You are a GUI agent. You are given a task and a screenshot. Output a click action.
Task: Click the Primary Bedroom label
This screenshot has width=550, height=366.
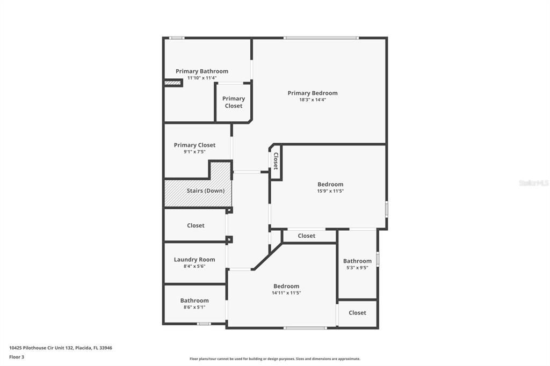tap(313, 93)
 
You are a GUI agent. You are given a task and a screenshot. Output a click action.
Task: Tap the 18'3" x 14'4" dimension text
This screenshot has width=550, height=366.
tap(313, 100)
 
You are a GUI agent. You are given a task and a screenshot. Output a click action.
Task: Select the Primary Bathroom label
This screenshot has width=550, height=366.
tap(202, 71)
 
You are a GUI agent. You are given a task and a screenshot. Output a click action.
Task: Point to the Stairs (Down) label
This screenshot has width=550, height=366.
tap(206, 191)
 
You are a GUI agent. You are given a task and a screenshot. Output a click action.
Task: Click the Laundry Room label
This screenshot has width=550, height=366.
tap(194, 260)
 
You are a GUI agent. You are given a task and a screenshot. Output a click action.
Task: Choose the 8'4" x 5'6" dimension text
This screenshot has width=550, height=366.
tap(194, 266)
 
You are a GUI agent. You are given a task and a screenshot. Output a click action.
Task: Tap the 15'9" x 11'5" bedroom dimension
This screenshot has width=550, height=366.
tap(330, 191)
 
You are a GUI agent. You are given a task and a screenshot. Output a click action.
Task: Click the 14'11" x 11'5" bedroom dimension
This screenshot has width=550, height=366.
tap(286, 293)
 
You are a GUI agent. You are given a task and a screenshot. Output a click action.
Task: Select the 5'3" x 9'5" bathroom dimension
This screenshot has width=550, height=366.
tap(357, 268)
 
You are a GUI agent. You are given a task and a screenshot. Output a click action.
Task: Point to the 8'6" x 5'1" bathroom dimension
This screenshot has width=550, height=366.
tap(194, 307)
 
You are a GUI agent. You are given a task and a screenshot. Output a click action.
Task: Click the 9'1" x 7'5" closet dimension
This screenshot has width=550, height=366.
tap(194, 152)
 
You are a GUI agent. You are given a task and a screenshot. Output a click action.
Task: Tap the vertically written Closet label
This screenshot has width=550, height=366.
tap(276, 161)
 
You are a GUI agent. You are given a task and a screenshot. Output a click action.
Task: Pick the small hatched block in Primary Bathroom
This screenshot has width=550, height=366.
tap(173, 83)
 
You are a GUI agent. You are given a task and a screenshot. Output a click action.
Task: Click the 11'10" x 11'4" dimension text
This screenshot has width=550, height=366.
tap(202, 78)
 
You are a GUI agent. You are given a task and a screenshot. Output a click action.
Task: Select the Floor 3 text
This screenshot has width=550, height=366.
tap(17, 356)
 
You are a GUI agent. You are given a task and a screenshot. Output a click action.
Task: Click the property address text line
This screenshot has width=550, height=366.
tap(61, 348)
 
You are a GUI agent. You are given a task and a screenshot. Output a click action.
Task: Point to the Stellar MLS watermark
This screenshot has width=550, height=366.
tap(534, 183)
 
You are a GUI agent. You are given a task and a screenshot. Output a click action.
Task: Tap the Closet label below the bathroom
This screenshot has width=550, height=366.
tap(357, 313)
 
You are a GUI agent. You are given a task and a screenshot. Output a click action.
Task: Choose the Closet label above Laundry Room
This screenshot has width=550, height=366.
tap(196, 225)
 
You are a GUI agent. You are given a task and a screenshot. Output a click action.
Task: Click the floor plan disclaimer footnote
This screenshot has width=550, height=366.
tap(275, 359)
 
